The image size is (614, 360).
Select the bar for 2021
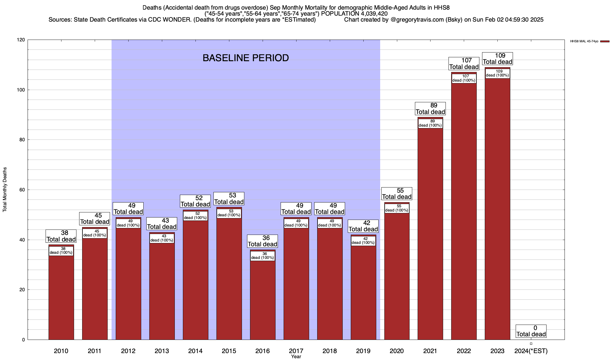click(430, 234)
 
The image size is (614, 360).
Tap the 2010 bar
click(61, 297)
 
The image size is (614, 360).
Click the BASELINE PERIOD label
click(246, 58)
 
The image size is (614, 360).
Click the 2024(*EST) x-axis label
click(531, 351)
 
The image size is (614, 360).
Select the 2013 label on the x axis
click(162, 351)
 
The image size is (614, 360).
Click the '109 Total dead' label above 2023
click(497, 59)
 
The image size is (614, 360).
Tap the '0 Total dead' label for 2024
click(531, 331)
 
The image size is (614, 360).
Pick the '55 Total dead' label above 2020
click(397, 194)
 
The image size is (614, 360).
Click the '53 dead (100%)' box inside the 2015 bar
click(229, 213)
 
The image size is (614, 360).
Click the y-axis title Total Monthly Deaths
click(5, 190)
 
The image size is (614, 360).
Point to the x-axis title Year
click(296, 357)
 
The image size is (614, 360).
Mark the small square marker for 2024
click(531, 343)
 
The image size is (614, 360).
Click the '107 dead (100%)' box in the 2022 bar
click(464, 78)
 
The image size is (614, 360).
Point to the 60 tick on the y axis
click(23, 190)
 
